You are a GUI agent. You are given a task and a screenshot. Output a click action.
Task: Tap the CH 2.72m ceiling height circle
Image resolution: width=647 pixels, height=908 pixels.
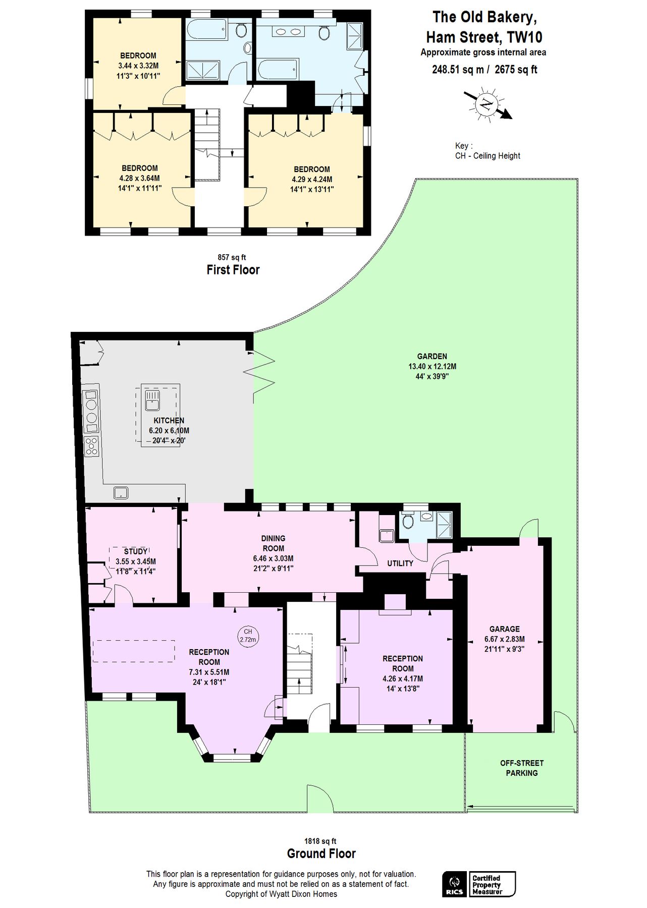[248, 635]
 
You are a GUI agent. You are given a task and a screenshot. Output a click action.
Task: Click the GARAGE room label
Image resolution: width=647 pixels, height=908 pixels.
[504, 629]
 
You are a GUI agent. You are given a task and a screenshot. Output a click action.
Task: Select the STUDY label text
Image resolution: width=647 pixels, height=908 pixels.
[135, 551]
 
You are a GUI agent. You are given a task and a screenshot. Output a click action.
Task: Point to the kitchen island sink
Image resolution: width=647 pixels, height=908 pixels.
[152, 400]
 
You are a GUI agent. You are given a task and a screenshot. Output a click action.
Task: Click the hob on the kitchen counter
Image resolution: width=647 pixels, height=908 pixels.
[91, 446]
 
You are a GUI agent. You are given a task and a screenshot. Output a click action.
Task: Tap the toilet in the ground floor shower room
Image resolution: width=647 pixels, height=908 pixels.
[408, 521]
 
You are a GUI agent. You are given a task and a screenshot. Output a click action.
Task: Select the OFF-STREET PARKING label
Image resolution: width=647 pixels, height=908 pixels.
[522, 768]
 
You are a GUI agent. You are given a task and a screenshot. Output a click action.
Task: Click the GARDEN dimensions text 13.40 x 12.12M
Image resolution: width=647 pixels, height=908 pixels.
[432, 366]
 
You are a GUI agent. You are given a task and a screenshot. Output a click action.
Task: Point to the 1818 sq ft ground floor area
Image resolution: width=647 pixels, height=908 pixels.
[320, 841]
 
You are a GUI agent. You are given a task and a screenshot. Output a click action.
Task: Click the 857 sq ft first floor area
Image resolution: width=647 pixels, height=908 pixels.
[232, 257]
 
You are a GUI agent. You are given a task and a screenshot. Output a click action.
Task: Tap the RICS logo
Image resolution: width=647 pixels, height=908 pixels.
[454, 884]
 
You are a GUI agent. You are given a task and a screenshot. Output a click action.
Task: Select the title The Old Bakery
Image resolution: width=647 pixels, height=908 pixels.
[484, 17]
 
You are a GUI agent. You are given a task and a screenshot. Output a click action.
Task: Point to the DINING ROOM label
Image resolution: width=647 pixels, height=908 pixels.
[273, 543]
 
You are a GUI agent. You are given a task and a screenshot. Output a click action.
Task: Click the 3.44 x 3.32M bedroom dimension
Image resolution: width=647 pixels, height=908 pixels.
[138, 66]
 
